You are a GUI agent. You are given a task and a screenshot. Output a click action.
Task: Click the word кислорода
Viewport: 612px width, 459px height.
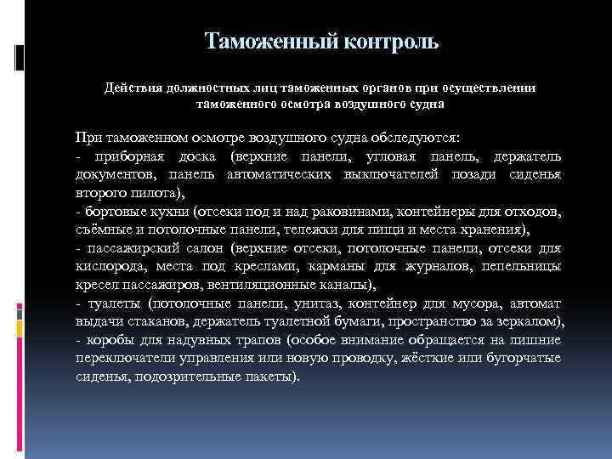pyautogui.click(x=107, y=266)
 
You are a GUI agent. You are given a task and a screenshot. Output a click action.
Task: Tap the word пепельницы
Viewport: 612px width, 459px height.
pyautogui.click(x=519, y=266)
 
